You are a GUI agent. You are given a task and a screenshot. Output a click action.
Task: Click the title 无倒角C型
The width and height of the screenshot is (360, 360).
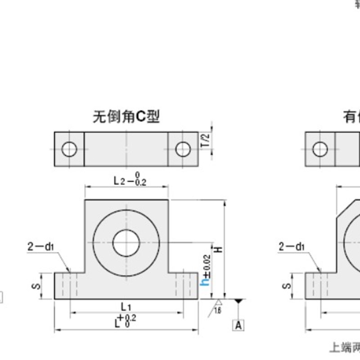(126, 117)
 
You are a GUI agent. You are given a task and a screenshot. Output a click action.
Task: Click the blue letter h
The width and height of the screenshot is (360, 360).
(207, 281)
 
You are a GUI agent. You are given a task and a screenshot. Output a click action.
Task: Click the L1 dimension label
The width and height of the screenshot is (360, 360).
(126, 307)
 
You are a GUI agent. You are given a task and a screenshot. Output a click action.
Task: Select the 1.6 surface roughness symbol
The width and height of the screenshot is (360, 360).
(217, 310)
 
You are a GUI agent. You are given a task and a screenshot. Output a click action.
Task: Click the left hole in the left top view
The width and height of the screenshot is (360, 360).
(69, 149)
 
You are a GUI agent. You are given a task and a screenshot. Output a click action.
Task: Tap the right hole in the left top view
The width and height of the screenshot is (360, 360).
(183, 149)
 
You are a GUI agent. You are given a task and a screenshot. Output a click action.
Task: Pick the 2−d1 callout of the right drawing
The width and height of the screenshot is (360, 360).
(291, 246)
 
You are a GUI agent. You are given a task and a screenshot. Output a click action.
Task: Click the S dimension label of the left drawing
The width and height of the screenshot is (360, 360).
(38, 286)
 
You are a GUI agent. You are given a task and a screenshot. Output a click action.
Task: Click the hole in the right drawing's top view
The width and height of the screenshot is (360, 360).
(320, 149)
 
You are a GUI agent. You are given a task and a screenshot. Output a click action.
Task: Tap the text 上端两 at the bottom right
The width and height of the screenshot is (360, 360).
(345, 347)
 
